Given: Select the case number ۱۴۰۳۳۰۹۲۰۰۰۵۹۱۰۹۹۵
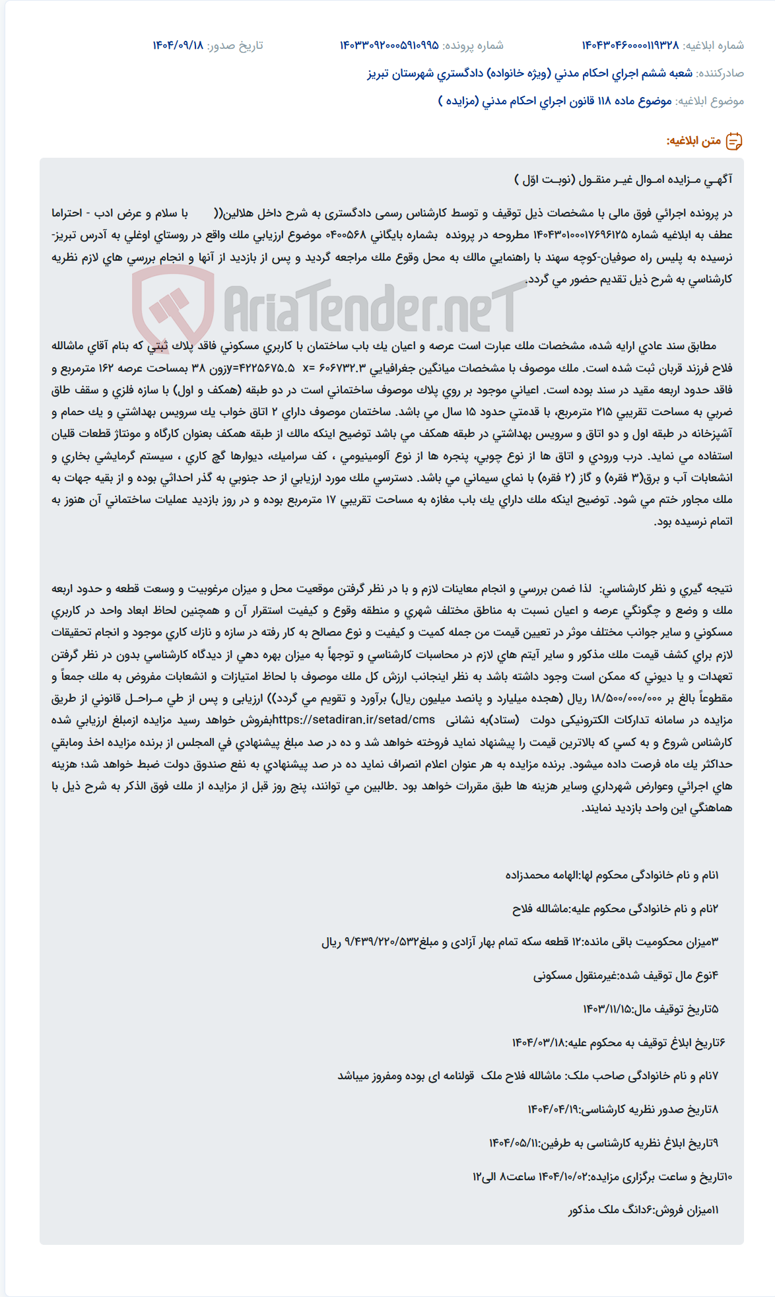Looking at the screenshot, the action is click(x=389, y=46).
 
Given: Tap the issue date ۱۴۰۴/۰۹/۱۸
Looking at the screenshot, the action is click(x=178, y=46).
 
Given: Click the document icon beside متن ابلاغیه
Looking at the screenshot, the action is click(x=734, y=141).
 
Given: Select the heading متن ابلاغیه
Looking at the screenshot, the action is click(x=693, y=141).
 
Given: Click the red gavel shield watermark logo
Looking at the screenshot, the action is click(x=173, y=308).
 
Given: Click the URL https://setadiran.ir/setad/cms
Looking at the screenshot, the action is click(x=354, y=719).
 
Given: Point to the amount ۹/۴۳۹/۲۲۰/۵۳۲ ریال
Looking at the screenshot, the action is click(x=370, y=942).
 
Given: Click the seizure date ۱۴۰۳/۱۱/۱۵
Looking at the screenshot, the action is click(x=607, y=1009).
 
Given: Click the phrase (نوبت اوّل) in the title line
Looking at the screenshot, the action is click(x=545, y=180).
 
